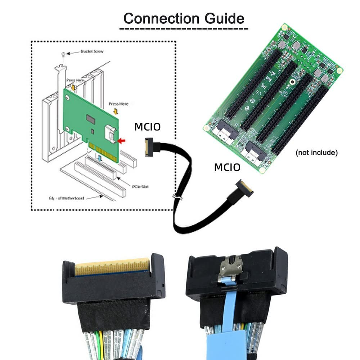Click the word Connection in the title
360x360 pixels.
(161, 18)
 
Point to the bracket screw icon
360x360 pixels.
(63, 54)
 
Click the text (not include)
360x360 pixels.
(316, 153)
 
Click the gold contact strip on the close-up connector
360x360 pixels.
(111, 267)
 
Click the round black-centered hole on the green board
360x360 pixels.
(292, 82)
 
